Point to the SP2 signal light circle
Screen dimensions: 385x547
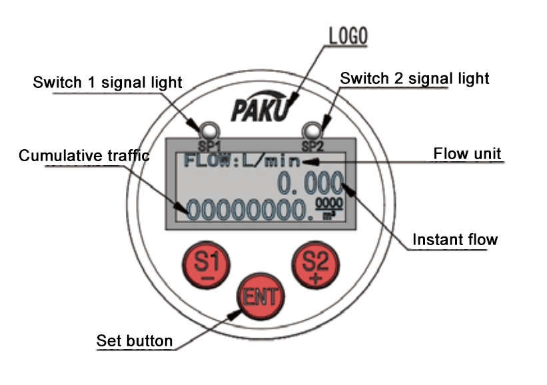tap(310, 129)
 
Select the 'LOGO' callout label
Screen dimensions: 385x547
tap(348, 37)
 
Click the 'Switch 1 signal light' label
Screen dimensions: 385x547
tap(107, 83)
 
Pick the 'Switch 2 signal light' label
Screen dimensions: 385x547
tap(414, 79)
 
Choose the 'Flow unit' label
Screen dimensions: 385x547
tap(467, 154)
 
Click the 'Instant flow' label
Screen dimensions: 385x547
tap(455, 240)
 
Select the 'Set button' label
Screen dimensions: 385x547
tap(135, 341)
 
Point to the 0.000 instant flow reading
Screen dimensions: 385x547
tap(311, 183)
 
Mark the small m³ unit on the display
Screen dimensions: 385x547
tap(328, 215)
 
